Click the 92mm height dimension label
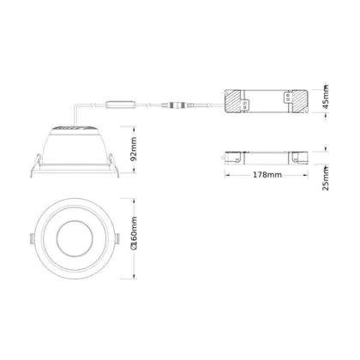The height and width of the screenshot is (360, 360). point(133,149)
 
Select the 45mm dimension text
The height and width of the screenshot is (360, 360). point(325,97)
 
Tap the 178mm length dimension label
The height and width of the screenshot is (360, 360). point(267,175)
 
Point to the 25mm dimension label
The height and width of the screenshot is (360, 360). point(325,178)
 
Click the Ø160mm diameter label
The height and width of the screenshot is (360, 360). point(133,233)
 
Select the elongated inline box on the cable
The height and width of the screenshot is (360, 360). point(120,105)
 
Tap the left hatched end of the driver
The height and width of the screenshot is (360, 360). point(235,101)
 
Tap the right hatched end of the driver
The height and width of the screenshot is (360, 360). point(299,101)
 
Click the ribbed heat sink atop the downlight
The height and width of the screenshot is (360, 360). point(74,128)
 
